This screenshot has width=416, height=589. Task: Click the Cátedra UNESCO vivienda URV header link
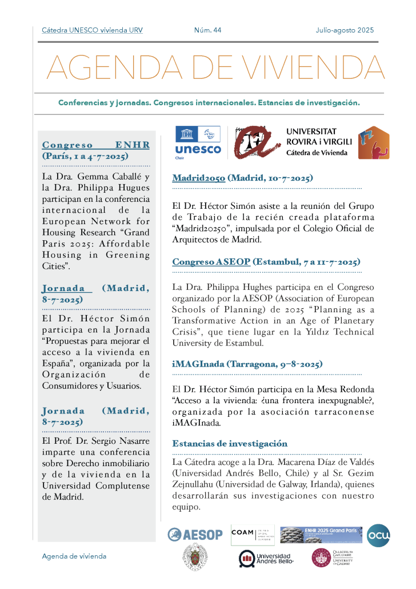click(x=92, y=30)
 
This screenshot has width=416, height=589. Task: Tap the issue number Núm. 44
click(x=207, y=30)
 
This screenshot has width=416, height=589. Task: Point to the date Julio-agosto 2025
click(x=345, y=30)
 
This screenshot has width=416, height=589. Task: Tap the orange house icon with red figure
click(x=374, y=143)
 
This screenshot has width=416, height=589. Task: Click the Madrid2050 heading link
click(x=199, y=178)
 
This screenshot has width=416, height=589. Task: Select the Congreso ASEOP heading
click(x=211, y=262)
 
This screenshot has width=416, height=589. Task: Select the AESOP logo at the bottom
click(x=195, y=535)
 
